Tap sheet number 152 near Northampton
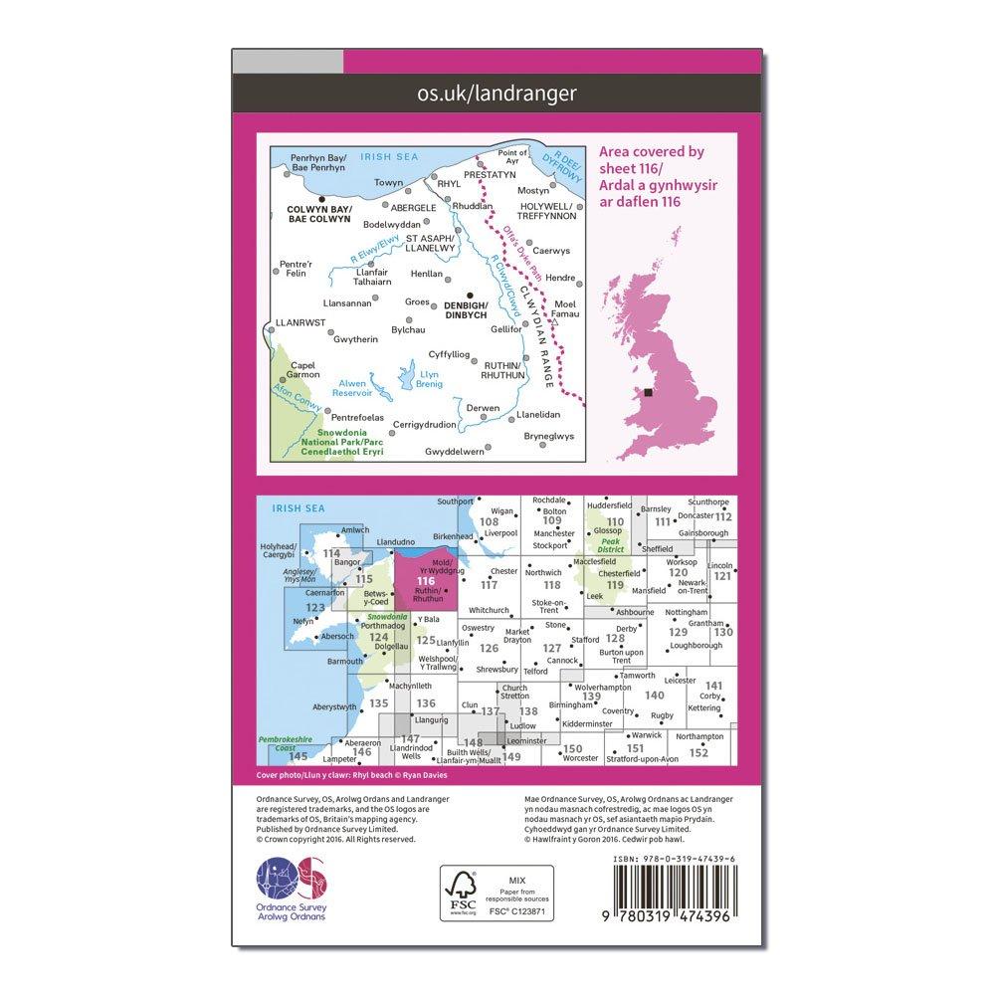pos(698,752)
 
